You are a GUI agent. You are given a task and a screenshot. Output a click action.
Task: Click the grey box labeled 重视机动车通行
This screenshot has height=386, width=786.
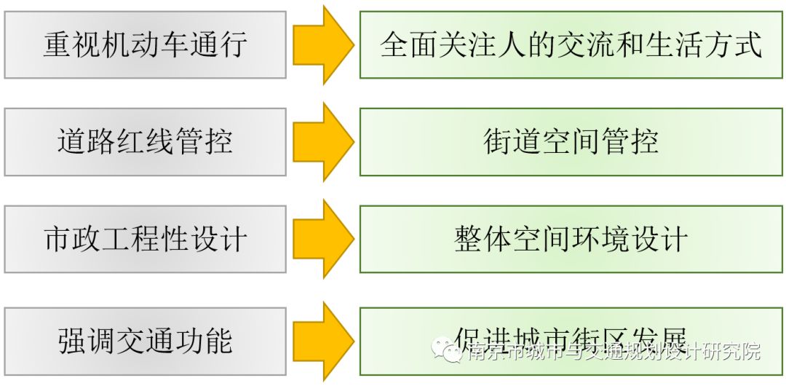[145, 45]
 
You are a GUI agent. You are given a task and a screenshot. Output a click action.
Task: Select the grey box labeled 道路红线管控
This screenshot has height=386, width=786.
[145, 142]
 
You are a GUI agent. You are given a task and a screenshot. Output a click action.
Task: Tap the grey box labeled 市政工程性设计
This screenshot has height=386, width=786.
[145, 239]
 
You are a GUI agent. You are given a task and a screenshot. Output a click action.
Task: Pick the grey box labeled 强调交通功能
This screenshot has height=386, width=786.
[145, 340]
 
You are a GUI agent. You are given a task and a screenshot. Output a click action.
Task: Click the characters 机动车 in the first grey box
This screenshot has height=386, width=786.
[145, 45]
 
